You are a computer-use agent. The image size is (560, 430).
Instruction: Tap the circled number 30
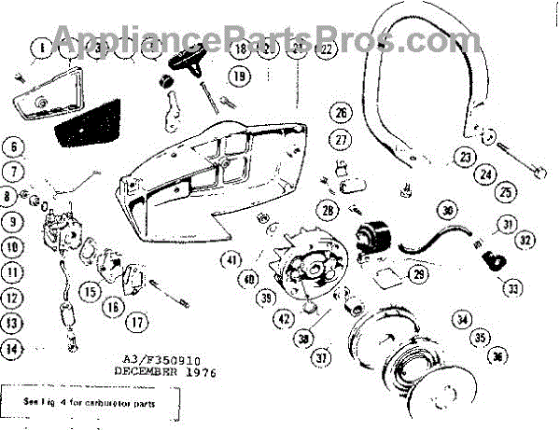coord(447,210)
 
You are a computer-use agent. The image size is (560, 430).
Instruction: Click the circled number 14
coord(12,350)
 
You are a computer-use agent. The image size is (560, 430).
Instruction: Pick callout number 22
coord(326,49)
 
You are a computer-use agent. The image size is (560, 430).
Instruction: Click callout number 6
coord(12,146)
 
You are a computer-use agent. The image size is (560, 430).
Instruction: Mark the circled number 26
coord(342,114)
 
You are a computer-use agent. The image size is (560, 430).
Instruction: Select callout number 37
coord(323,355)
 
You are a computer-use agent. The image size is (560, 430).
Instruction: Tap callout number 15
coord(90,291)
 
